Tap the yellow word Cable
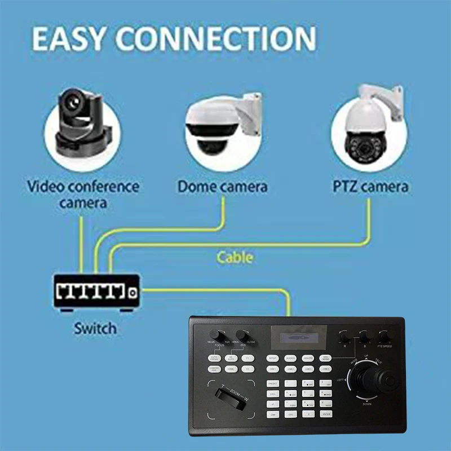pos(235,258)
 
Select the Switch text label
pos(95,328)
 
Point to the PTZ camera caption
pos(369,187)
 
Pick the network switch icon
pos(96,291)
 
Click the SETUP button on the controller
pos(273,358)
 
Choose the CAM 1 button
pos(273,369)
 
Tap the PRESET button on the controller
pos(273,383)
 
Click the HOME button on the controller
pos(231,369)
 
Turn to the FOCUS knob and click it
pos(216,334)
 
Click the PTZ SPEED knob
pos(385,337)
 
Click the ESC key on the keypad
pos(290,414)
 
